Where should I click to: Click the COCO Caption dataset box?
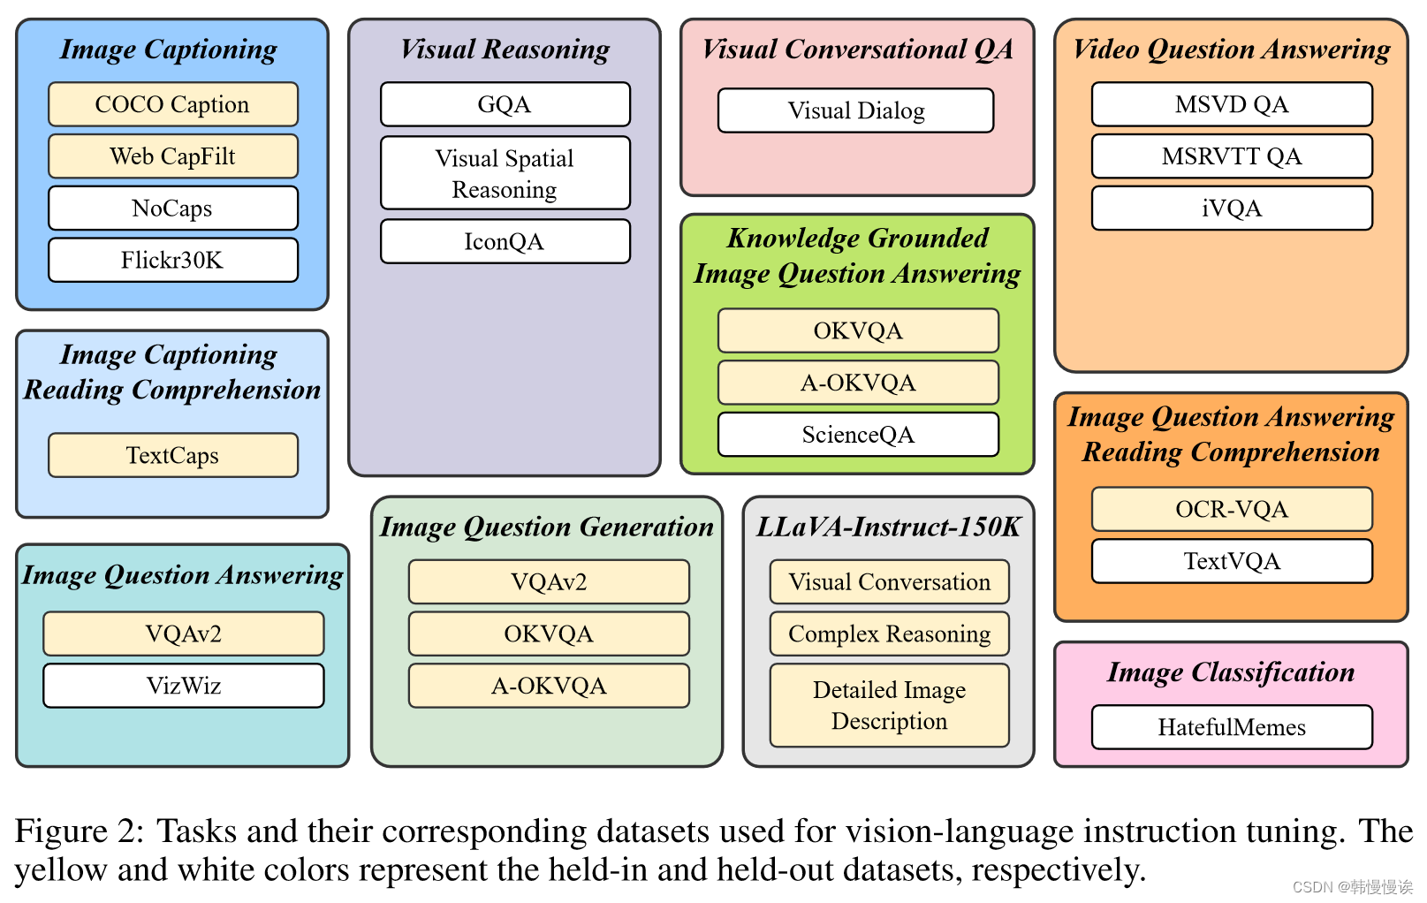click(172, 104)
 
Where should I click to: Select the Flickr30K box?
click(172, 260)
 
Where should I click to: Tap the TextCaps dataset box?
click(172, 455)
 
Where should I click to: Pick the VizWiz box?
click(184, 686)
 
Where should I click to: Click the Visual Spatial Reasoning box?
click(505, 173)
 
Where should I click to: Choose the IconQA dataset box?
click(505, 241)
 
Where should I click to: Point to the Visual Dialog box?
click(855, 110)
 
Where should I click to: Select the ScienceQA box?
click(858, 435)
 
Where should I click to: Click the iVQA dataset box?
click(1232, 209)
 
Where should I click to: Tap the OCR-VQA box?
click(1232, 509)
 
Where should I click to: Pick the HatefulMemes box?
click(1232, 727)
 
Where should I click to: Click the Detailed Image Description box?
click(889, 705)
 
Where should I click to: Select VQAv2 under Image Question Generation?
click(549, 581)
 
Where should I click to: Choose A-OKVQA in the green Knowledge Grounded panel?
click(858, 383)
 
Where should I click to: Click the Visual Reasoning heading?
click(505, 49)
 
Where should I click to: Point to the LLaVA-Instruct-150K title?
click(888, 527)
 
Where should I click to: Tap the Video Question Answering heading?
click(1232, 49)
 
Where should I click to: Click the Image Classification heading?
click(1231, 672)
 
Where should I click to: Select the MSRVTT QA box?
click(1232, 156)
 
